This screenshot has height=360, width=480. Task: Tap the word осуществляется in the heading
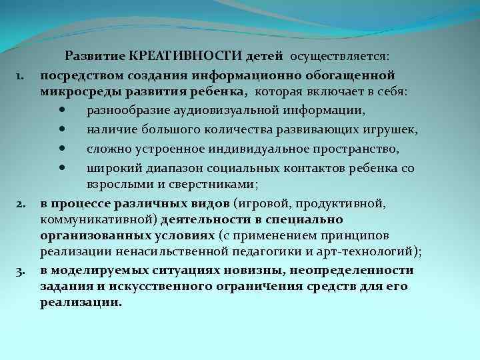pos(350,59)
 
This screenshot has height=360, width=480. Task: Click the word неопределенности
pos(355,270)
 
